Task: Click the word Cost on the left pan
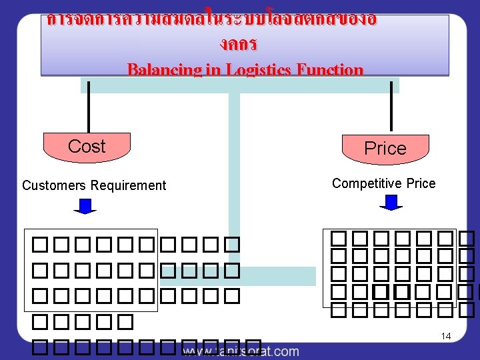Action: [87, 146]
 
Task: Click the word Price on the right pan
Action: [385, 149]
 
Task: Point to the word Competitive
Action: [364, 183]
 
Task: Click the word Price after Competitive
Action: [421, 183]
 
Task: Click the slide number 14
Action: [446, 337]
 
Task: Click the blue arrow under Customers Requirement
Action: [85, 206]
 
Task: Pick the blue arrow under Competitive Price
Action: [391, 203]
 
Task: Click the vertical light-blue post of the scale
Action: [234, 173]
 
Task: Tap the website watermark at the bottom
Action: [240, 351]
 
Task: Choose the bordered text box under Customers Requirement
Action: [91, 270]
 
